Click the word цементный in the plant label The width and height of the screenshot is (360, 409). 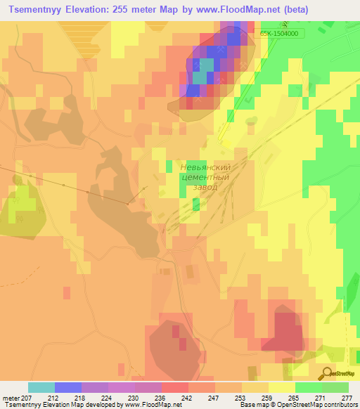(x=205, y=177)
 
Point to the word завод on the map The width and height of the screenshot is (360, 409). (x=205, y=188)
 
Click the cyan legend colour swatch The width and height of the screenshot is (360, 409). (x=41, y=387)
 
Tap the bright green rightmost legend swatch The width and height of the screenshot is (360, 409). (x=335, y=387)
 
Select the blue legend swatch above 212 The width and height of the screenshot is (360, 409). (x=68, y=387)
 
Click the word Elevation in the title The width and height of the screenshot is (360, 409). (x=91, y=9)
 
